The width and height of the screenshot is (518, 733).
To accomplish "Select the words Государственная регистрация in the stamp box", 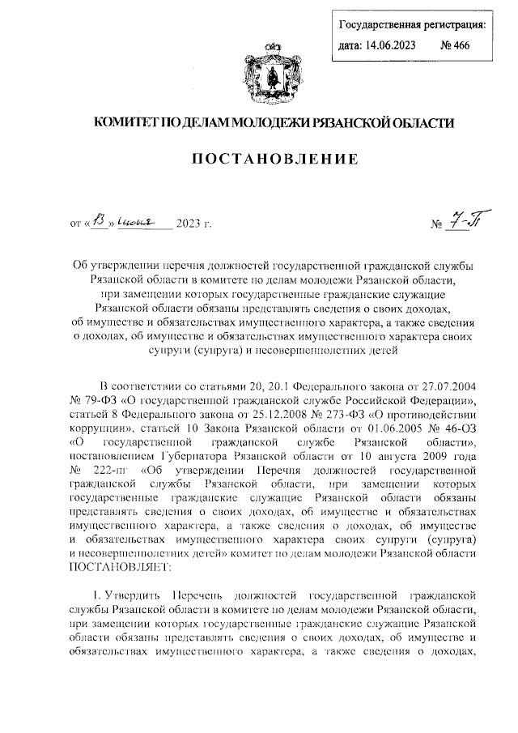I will click(x=411, y=24).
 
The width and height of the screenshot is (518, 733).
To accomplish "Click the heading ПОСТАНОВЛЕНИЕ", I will click(x=258, y=162).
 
